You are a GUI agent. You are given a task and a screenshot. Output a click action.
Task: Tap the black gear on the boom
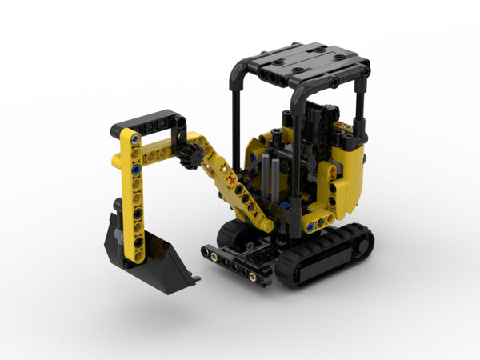190,157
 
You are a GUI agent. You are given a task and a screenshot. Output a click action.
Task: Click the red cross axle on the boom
233,181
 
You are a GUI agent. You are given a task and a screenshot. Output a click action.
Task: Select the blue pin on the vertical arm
136,170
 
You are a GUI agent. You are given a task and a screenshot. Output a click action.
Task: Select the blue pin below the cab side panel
310,227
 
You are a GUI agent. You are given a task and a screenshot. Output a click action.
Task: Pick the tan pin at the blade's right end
253,277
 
